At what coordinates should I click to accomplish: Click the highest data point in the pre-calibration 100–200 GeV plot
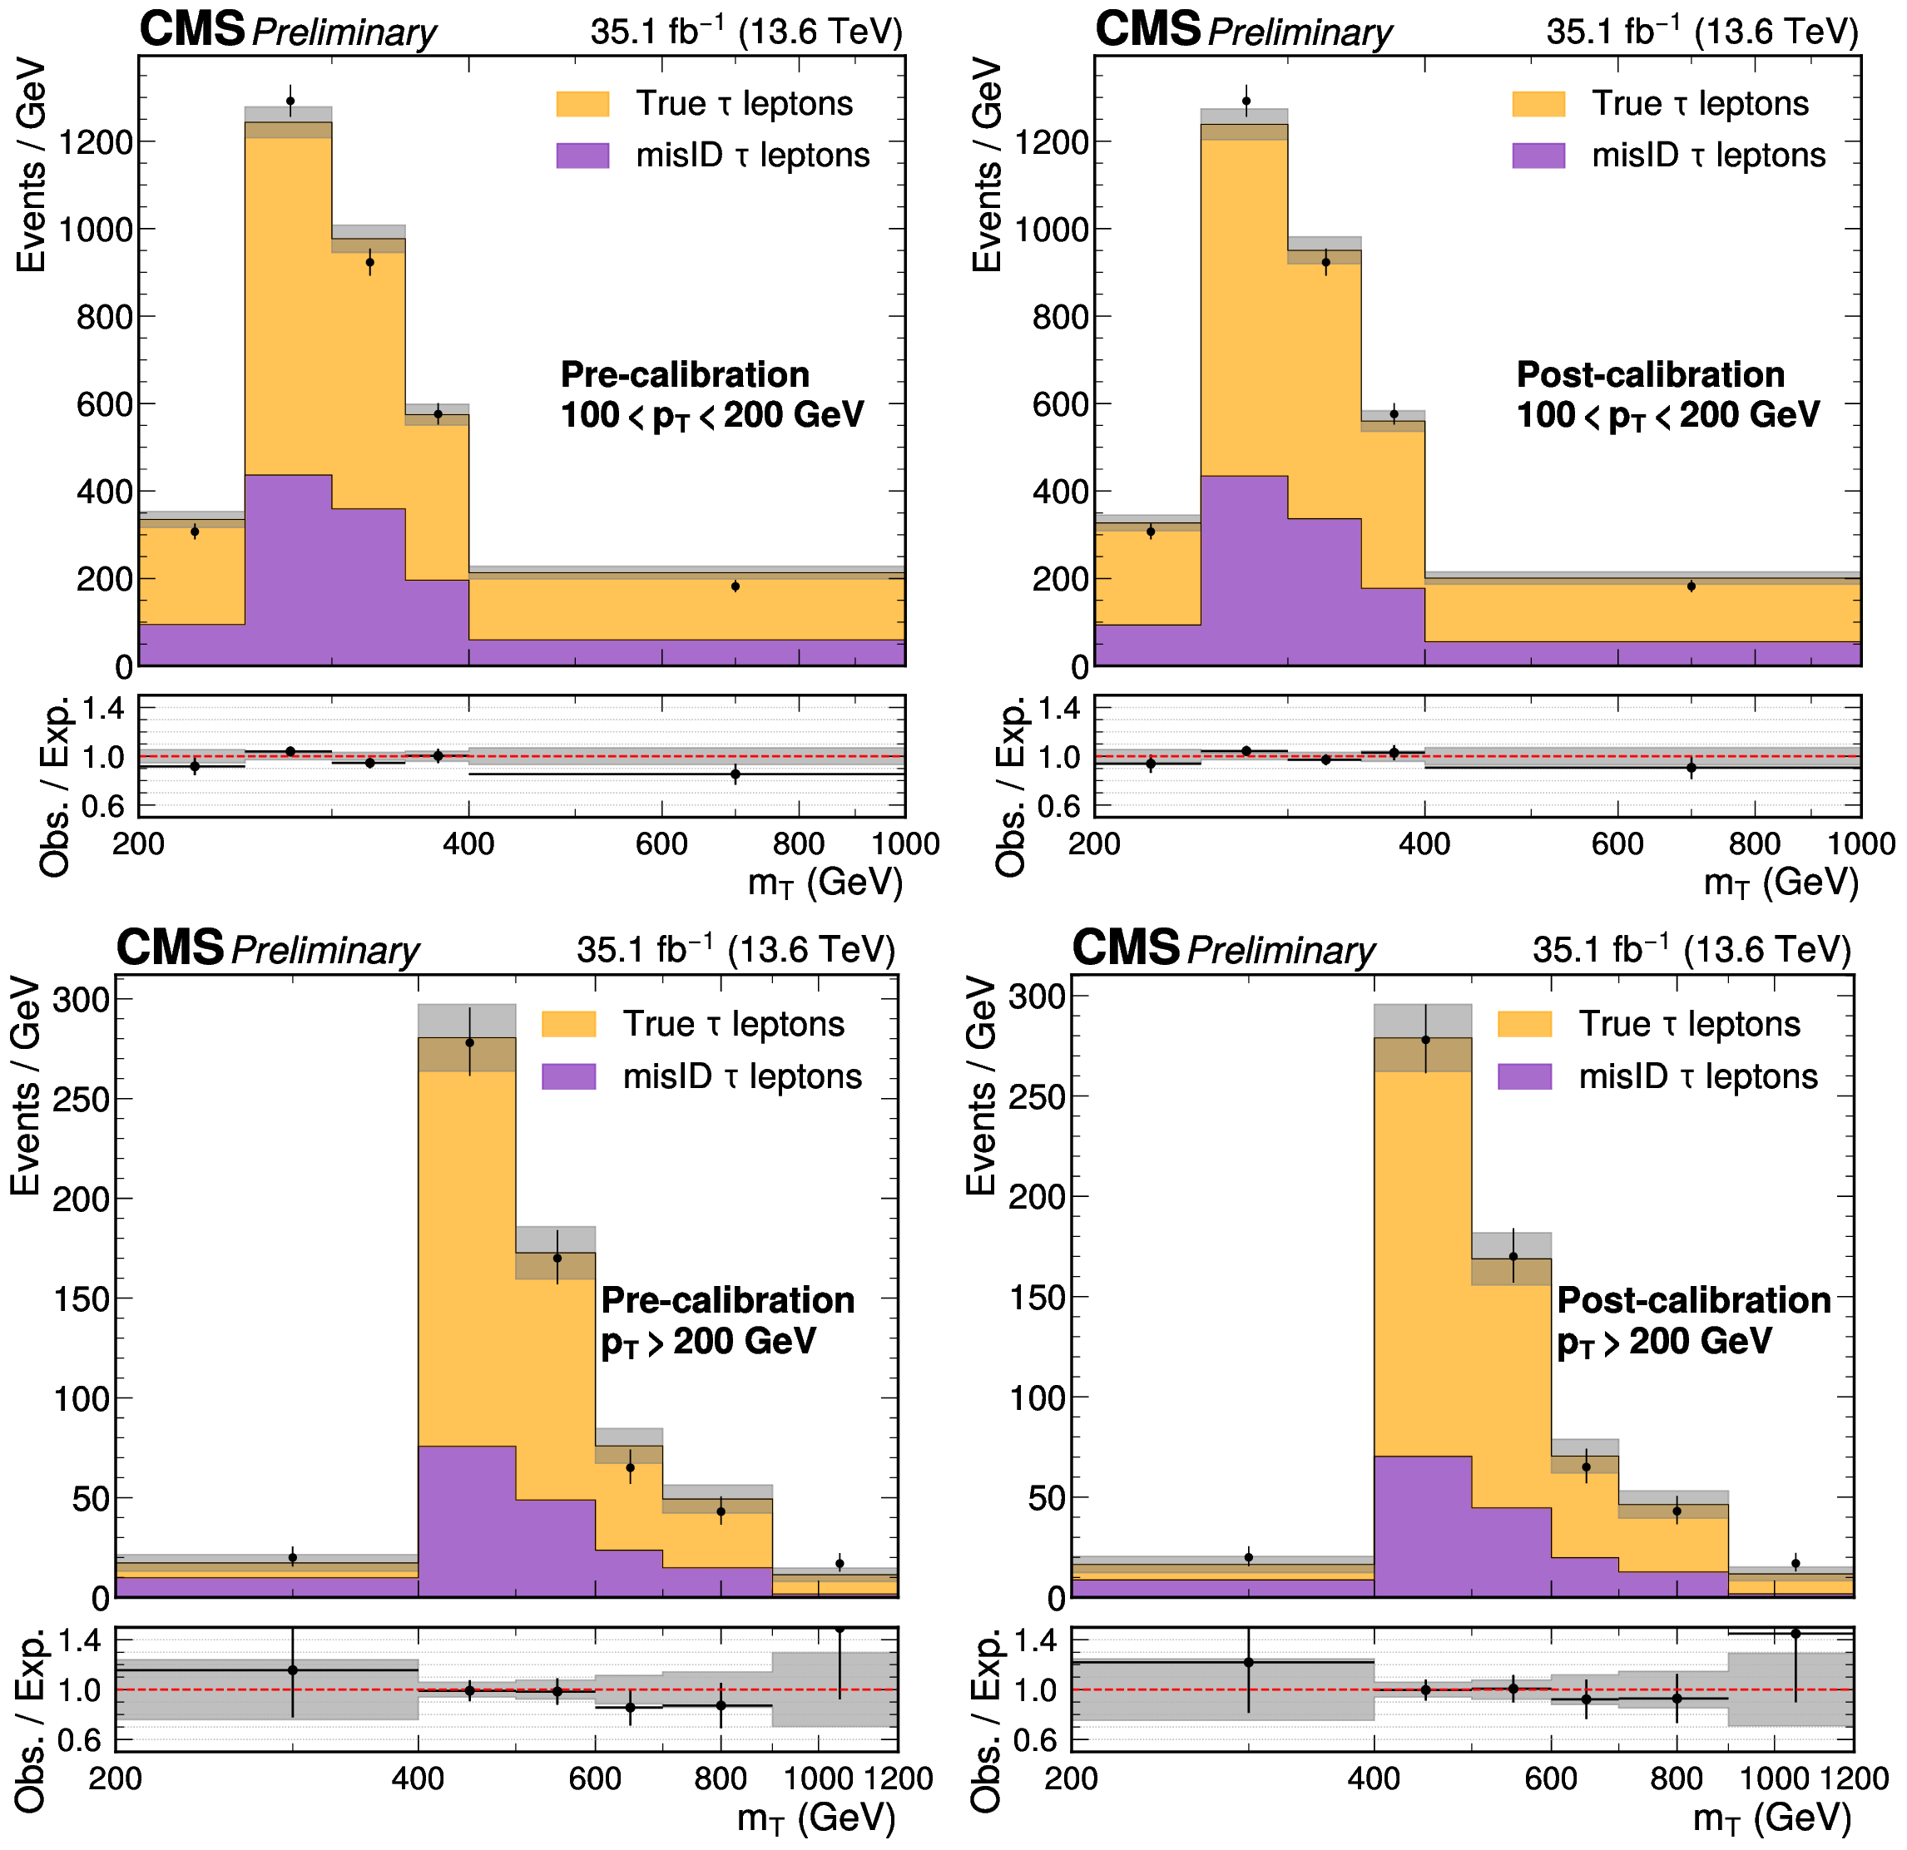(x=290, y=101)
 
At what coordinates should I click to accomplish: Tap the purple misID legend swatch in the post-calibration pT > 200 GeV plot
(x=1524, y=1076)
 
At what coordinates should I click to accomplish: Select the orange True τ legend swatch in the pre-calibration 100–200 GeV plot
(x=582, y=104)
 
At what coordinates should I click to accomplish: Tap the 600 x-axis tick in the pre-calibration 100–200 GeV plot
(x=661, y=843)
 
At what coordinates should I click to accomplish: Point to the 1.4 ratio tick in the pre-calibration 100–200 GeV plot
(x=103, y=708)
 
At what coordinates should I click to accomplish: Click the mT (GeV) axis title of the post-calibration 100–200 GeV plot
(x=1781, y=883)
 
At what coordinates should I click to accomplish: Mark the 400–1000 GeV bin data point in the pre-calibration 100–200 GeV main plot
(x=736, y=586)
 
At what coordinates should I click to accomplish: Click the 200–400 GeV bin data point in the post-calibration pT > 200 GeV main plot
(x=1249, y=1557)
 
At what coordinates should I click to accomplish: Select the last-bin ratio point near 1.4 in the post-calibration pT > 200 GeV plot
(x=1796, y=1634)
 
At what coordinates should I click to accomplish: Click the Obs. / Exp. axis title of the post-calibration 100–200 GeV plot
(x=1012, y=787)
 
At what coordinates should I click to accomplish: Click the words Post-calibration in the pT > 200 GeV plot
(x=1694, y=1300)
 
